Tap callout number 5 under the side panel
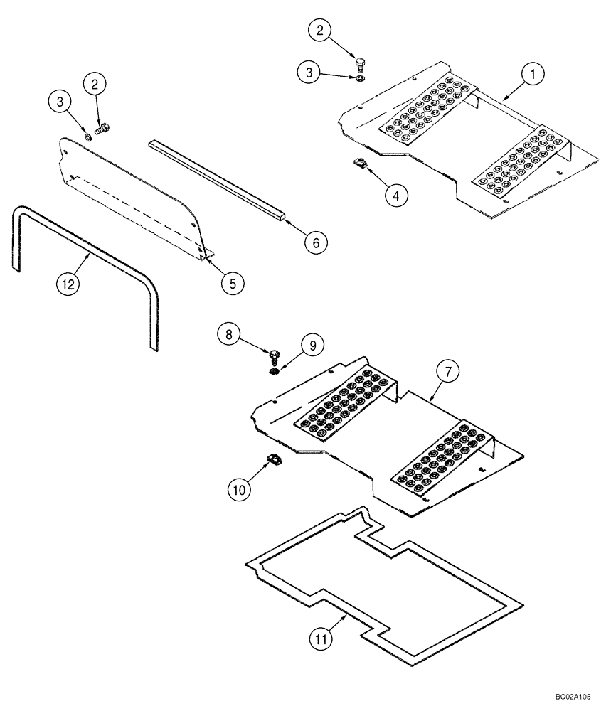[x=231, y=282]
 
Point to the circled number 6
[x=317, y=242]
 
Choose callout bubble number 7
[x=449, y=372]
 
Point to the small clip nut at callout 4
[x=360, y=165]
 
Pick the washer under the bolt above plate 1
[x=360, y=80]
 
